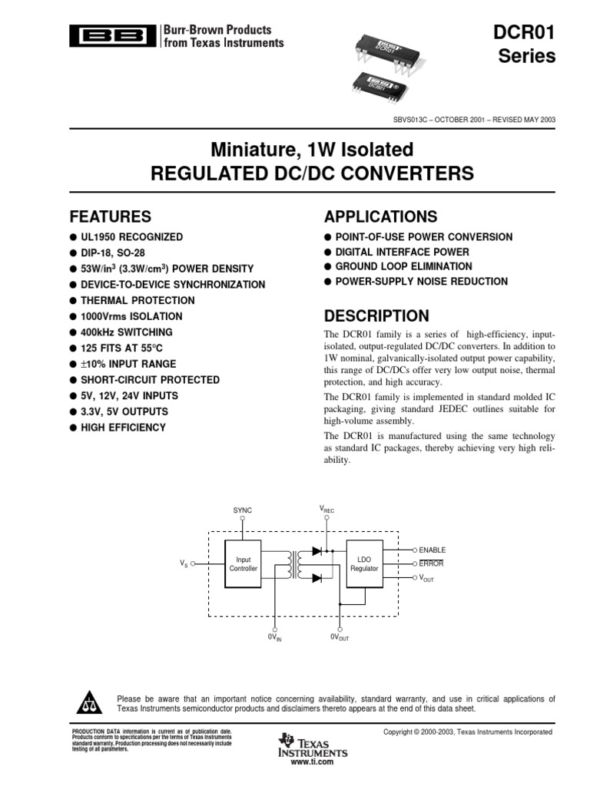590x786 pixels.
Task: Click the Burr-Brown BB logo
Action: (x=111, y=35)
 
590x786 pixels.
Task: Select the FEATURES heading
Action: (x=111, y=216)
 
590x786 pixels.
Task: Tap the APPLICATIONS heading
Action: (x=380, y=216)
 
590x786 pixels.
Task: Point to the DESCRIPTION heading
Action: (x=376, y=316)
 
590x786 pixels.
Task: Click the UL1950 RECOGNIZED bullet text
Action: (x=131, y=237)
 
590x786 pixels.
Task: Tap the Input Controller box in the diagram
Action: (x=243, y=564)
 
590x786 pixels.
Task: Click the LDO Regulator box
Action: (x=364, y=564)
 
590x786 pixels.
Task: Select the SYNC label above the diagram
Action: (x=242, y=510)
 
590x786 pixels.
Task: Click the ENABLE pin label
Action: (x=432, y=550)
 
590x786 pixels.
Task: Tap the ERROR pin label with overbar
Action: (x=431, y=563)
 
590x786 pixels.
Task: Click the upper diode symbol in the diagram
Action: (x=316, y=551)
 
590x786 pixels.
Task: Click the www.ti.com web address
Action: (x=313, y=762)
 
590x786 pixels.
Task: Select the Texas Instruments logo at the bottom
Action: (x=313, y=745)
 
